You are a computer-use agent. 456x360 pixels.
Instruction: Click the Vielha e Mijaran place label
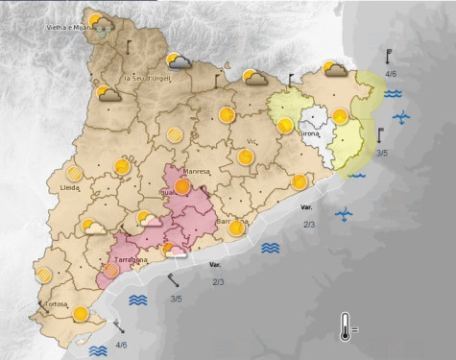tap(70, 28)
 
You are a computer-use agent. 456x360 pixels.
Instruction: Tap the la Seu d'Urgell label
tap(148, 77)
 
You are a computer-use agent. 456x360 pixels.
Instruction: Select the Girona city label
tap(309, 134)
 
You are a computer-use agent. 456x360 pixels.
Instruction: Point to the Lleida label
tap(69, 187)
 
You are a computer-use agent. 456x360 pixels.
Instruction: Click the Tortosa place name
tap(55, 304)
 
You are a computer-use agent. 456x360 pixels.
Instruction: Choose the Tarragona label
tap(131, 260)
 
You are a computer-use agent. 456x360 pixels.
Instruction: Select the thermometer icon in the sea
tap(346, 326)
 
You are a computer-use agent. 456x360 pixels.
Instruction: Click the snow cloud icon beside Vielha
tap(101, 22)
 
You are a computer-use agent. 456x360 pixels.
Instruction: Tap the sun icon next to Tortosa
tap(81, 313)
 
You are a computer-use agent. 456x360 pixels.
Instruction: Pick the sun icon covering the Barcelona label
tap(240, 224)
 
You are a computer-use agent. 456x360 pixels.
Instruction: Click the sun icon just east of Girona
tap(339, 117)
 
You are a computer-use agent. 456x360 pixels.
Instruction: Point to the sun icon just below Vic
tap(247, 156)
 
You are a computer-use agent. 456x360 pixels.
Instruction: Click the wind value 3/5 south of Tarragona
tap(177, 299)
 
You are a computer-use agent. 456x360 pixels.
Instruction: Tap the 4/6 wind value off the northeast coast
tap(392, 73)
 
